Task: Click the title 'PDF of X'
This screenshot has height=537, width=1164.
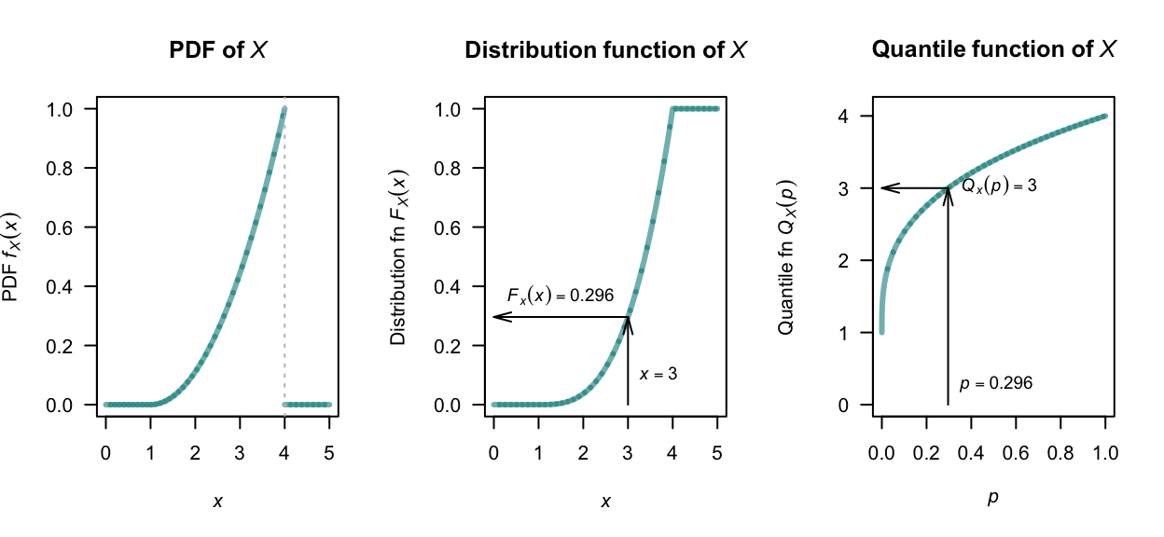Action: tap(218, 50)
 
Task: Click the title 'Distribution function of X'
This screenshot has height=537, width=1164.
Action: tap(605, 50)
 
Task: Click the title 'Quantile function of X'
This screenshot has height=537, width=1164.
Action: tap(993, 50)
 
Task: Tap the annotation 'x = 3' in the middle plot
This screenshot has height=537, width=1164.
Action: tap(658, 374)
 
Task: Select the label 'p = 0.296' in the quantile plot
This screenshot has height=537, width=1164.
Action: tap(995, 383)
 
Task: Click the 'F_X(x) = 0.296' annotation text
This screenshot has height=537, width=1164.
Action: tap(560, 296)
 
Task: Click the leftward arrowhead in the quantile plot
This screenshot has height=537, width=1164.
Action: tap(885, 188)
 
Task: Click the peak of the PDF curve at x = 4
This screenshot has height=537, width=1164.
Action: tap(284, 109)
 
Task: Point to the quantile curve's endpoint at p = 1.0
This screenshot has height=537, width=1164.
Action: tap(1104, 117)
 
